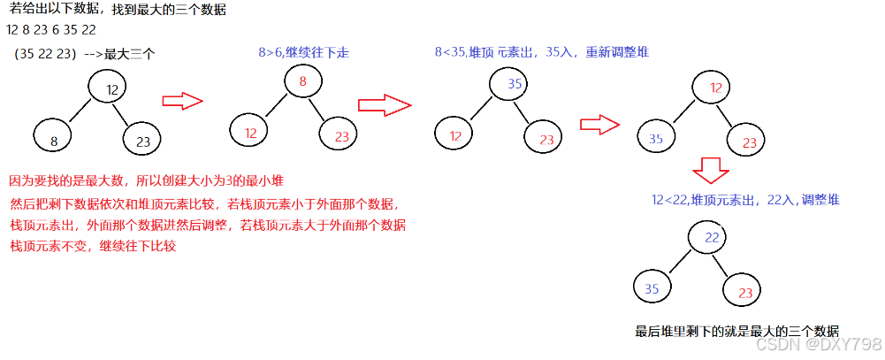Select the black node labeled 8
coord(54,139)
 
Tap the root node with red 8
coord(302,81)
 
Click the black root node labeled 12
coord(110,88)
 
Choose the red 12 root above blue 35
coord(713,88)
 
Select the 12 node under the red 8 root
coord(249,133)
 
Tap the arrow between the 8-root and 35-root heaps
coord(385,104)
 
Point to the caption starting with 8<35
coord(541,52)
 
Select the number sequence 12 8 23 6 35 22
coord(51,30)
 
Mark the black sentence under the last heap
coord(736,332)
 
